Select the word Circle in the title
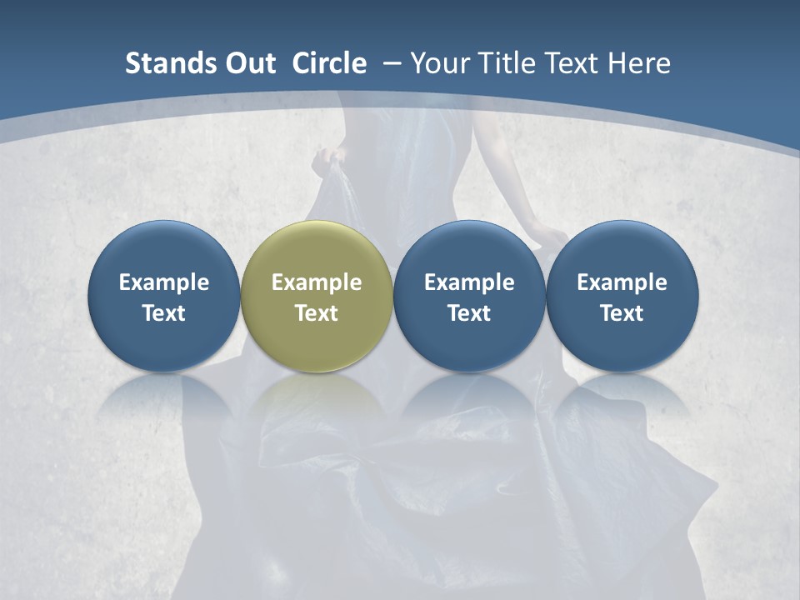(x=329, y=63)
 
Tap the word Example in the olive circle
(x=317, y=282)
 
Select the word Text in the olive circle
(x=317, y=313)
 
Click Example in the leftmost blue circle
(x=164, y=282)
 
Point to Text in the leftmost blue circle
(x=164, y=313)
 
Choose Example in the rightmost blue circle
(x=622, y=282)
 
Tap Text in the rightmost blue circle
(x=622, y=313)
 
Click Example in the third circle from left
(x=469, y=282)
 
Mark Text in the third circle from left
(x=469, y=313)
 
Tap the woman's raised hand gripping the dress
(x=323, y=159)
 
